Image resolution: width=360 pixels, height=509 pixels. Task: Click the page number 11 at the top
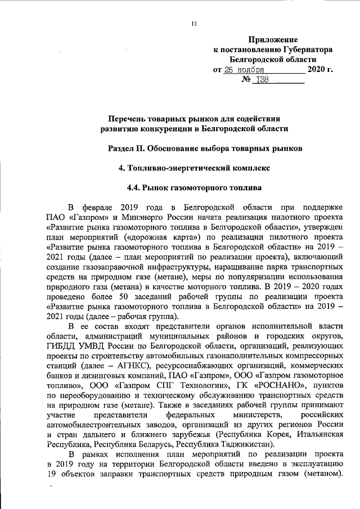click(x=193, y=23)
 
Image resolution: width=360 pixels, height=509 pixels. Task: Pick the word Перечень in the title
click(x=128, y=118)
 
